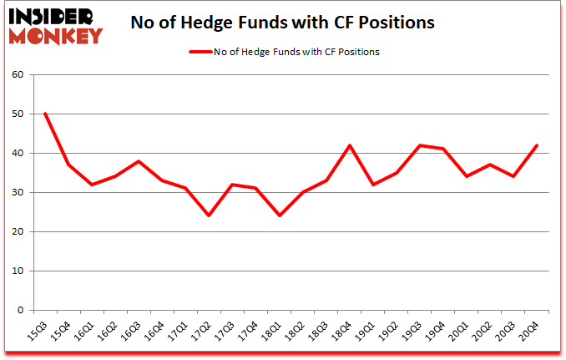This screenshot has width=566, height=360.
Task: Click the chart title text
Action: pyautogui.click(x=283, y=23)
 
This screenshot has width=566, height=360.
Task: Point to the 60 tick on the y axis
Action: pyautogui.click(x=17, y=75)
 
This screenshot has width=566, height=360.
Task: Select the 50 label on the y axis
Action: pyautogui.click(x=17, y=114)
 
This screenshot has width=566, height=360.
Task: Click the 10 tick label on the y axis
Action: pyautogui.click(x=17, y=271)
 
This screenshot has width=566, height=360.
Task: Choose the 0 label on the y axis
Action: pyautogui.click(x=20, y=311)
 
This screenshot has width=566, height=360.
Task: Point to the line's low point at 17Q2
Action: pyautogui.click(x=210, y=215)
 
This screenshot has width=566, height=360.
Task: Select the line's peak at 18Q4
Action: pyautogui.click(x=351, y=145)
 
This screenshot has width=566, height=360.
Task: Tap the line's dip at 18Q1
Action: pyautogui.click(x=280, y=215)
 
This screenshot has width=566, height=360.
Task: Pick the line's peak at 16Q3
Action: pyautogui.click(x=139, y=161)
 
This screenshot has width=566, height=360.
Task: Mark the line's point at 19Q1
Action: pyautogui.click(x=374, y=185)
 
